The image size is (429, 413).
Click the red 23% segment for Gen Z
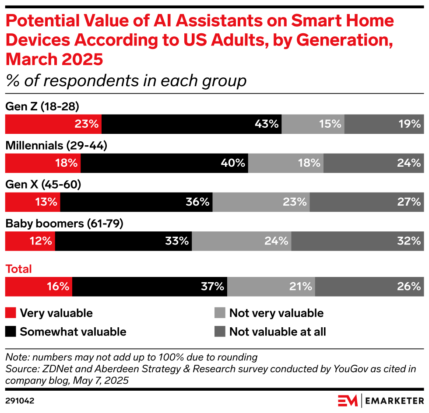(x=53, y=124)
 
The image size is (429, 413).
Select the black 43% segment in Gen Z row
(x=191, y=124)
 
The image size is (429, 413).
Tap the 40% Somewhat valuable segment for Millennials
(x=164, y=163)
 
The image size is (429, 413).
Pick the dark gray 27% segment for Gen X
(x=366, y=202)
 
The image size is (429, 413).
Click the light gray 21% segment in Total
(x=271, y=287)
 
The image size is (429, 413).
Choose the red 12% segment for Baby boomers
(x=30, y=241)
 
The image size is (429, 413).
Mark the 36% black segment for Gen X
(x=136, y=202)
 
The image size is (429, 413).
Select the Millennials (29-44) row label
(x=56, y=146)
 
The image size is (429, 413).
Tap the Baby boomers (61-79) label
(x=64, y=224)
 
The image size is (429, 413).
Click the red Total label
(x=18, y=269)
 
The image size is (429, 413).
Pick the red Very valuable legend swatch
(x=11, y=313)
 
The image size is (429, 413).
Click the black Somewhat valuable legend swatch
(x=11, y=332)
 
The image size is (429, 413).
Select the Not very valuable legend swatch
(x=220, y=313)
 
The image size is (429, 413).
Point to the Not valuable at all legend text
(x=278, y=332)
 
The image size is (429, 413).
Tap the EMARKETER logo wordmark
(x=394, y=400)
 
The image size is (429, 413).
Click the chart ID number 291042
(x=20, y=400)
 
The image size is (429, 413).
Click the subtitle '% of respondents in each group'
(x=126, y=81)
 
